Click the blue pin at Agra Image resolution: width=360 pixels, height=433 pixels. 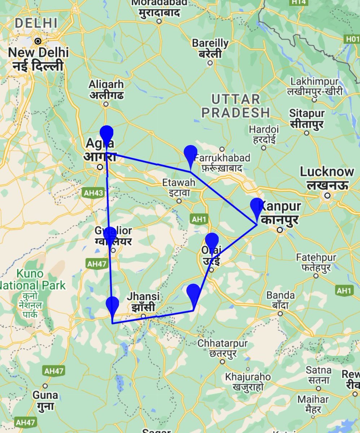point(106,135)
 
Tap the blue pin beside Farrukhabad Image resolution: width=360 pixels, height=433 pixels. point(190,154)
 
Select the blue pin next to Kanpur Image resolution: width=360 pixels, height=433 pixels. point(257,207)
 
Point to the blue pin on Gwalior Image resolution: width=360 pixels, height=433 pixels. point(110,236)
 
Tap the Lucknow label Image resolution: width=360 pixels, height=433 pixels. point(327,172)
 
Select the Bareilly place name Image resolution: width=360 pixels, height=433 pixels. point(210,43)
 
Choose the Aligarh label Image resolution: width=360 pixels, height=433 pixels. point(106,85)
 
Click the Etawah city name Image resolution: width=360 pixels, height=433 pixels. point(179,183)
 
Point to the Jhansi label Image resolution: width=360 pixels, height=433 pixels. point(143,297)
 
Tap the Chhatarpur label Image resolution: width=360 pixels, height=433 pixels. point(223,343)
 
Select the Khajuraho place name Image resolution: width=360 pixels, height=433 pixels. point(248,377)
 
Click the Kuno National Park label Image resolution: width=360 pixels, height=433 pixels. point(33,280)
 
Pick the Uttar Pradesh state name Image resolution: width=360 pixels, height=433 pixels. point(235,106)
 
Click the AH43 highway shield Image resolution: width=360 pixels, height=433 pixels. point(93,193)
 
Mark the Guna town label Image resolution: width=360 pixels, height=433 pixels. point(45,395)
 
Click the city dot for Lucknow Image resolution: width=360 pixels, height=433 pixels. point(327,196)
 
